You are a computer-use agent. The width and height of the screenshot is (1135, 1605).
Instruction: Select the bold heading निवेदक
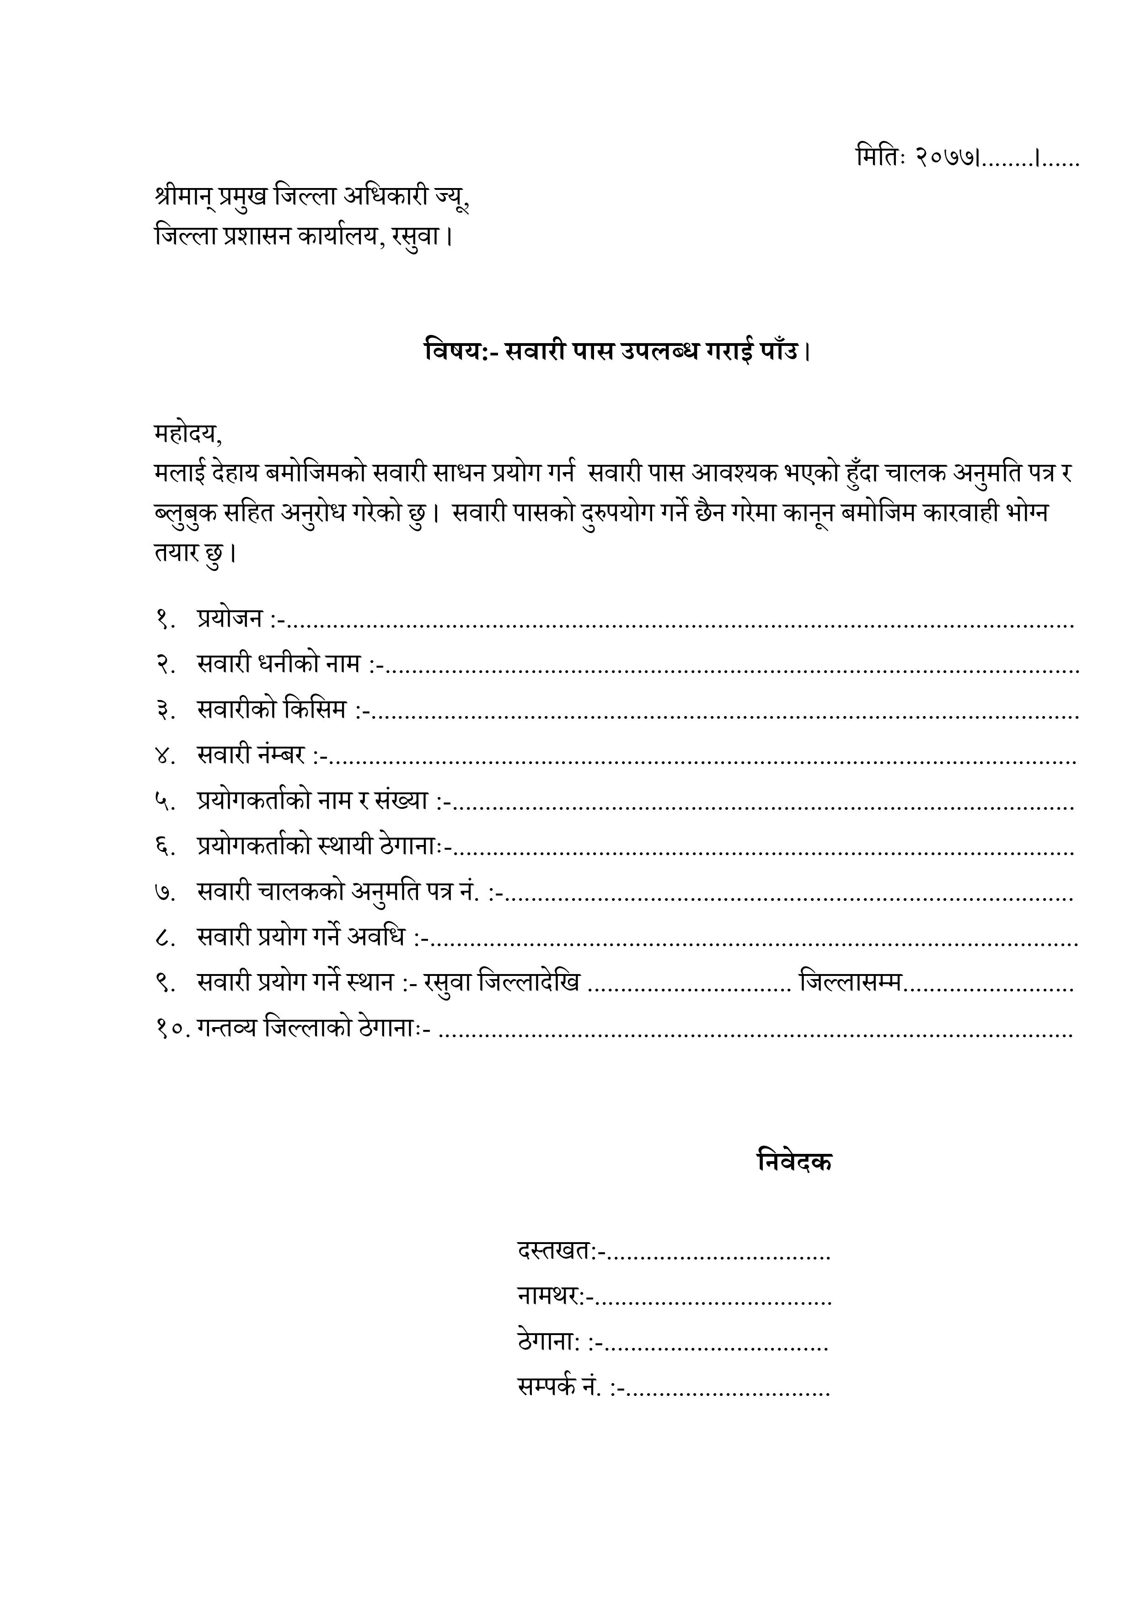point(795,1162)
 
